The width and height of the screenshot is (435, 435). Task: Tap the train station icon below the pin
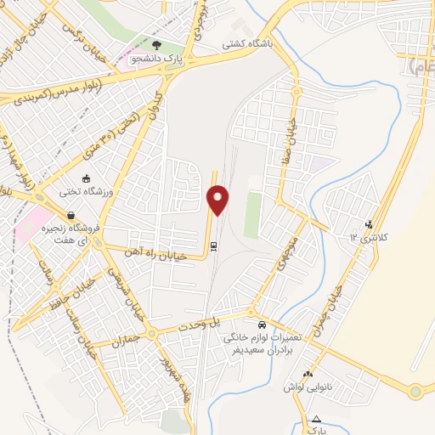213,246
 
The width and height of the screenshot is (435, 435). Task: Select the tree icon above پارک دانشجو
155,44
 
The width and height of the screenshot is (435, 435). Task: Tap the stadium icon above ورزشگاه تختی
87,178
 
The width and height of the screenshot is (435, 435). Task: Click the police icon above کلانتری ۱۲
368,224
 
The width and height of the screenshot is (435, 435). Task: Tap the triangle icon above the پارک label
318,419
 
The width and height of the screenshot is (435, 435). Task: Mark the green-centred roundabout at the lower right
415,392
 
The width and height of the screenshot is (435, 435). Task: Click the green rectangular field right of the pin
252,214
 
